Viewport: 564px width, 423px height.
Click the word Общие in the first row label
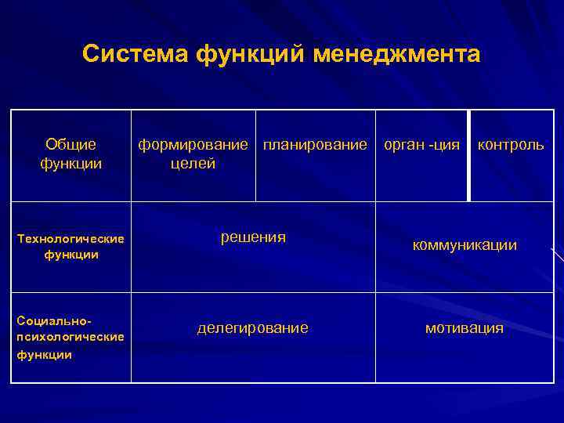pos(70,144)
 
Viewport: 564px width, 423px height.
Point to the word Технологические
pos(70,239)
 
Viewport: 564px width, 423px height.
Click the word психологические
pos(70,337)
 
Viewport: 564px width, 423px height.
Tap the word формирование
pos(193,145)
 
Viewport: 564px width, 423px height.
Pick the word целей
pos(193,163)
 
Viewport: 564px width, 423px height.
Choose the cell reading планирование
pos(315,145)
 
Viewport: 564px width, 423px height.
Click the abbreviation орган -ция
pos(421,145)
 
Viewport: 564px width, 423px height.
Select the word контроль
pos(511,145)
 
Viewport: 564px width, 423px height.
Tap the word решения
pos(253,237)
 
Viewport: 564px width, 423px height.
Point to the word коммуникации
pos(465,245)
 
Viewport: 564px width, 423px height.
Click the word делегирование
pos(252,328)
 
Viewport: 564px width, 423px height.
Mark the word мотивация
pos(464,328)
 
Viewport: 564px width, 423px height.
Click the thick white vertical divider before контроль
pos(468,155)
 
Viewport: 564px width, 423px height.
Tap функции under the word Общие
pos(70,163)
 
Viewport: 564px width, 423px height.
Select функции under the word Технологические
pos(70,255)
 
